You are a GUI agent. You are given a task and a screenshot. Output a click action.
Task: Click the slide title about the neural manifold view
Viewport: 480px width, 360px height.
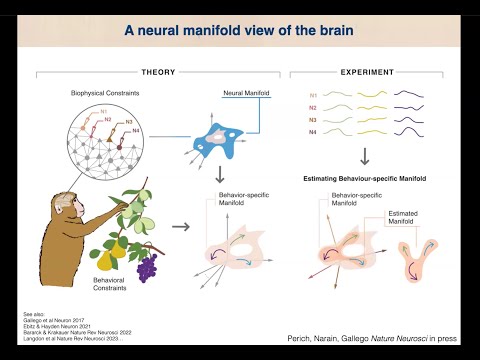[241, 31]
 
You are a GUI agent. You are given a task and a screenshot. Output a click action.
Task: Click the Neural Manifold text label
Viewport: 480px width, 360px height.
[239, 92]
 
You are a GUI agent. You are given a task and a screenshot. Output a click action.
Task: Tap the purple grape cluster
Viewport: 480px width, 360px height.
[146, 265]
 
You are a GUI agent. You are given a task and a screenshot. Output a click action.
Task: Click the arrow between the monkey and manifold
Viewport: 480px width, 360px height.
[180, 227]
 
